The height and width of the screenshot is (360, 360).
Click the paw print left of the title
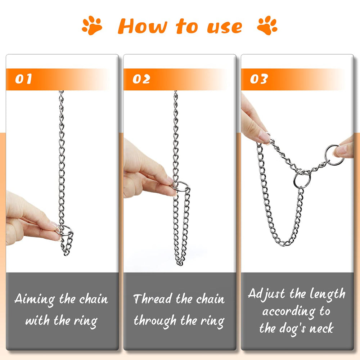click(x=92, y=26)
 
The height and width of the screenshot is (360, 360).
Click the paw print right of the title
click(x=267, y=26)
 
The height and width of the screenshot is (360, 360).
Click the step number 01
click(x=24, y=79)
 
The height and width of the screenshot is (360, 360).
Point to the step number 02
click(x=141, y=79)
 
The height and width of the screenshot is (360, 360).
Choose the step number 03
click(x=258, y=79)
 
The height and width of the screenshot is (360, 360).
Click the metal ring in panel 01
click(x=65, y=230)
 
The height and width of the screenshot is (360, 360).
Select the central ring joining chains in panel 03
click(x=301, y=179)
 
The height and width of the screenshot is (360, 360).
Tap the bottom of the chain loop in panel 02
click(x=180, y=263)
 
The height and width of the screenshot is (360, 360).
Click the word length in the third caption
click(x=327, y=294)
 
